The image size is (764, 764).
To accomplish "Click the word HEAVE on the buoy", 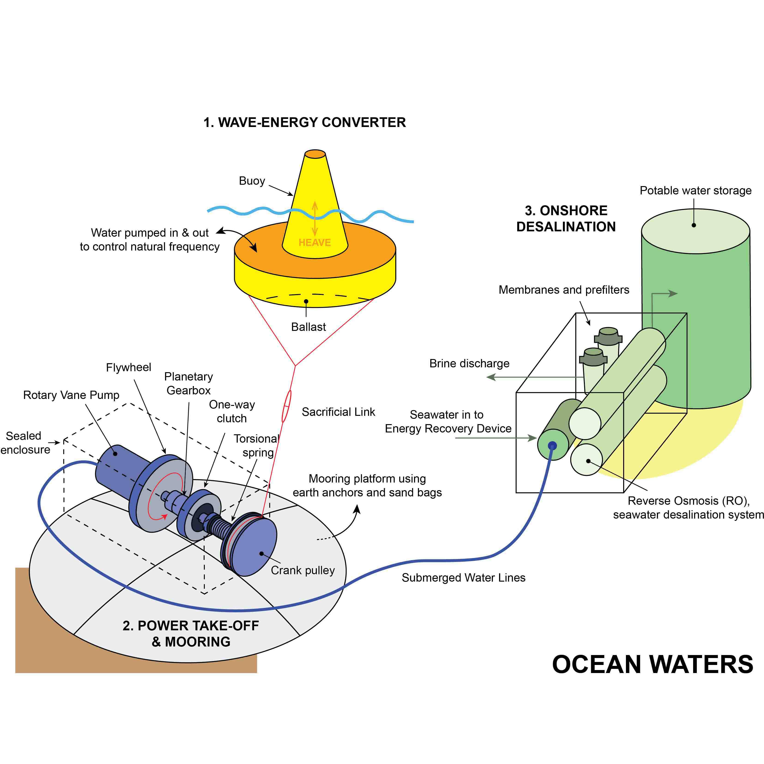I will coord(314,242).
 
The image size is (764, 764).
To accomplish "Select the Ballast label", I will coord(308,327).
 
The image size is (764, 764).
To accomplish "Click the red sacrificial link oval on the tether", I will coord(286,406).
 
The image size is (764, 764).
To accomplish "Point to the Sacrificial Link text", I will coord(338,412).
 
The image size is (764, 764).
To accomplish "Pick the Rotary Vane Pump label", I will coord(71,395).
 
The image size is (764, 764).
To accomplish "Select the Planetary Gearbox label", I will coord(189,384).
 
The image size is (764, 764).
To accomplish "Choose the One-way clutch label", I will coord(232,411).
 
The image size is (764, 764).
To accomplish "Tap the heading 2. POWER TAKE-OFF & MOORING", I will coord(191,634).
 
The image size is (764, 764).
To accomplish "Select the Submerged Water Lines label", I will coord(463,578).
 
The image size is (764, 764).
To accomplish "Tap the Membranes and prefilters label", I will coord(564,290).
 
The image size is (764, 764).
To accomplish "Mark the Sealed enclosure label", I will coord(24,443).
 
